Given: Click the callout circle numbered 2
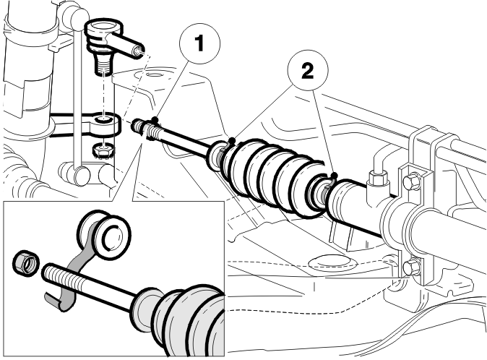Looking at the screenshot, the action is tap(308, 70).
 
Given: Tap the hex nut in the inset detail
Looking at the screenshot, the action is tap(26, 263).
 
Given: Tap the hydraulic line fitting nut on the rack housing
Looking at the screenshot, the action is tap(377, 178).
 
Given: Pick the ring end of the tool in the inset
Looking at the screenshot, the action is tap(104, 231).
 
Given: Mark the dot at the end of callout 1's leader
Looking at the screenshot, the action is tap(155, 119).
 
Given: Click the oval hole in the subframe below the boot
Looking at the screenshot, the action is tap(329, 262).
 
